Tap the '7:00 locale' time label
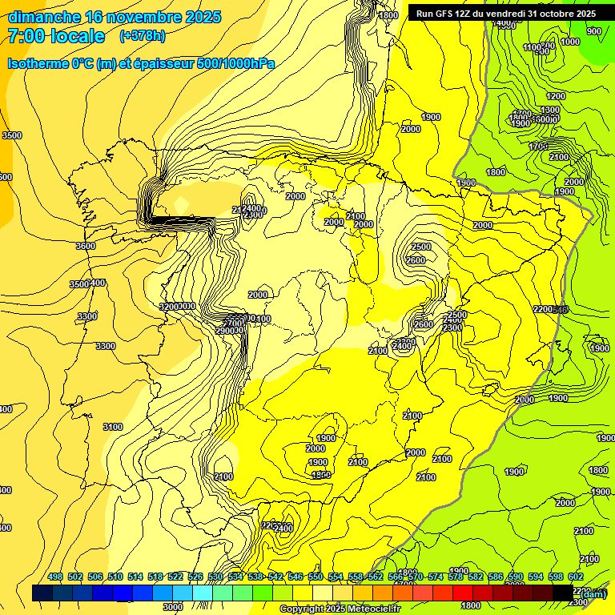click(56, 36)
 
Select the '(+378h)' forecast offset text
click(142, 36)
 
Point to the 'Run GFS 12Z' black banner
click(504, 14)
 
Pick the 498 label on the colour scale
click(55, 577)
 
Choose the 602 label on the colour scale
click(576, 577)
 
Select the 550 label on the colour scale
click(316, 577)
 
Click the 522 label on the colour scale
click(175, 577)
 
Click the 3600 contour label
click(86, 246)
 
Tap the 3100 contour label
click(113, 427)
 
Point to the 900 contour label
click(593, 31)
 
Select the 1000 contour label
click(570, 42)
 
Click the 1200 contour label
click(556, 96)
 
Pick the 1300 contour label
click(550, 110)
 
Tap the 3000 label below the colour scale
click(173, 607)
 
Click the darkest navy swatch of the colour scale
click(43, 593)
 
